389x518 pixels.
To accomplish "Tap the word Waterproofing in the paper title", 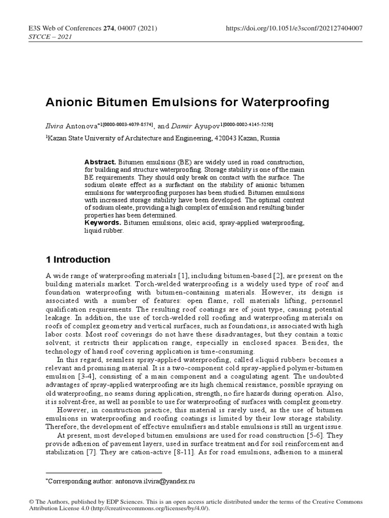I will (x=289, y=102).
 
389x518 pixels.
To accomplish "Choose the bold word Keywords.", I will (x=101, y=223).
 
